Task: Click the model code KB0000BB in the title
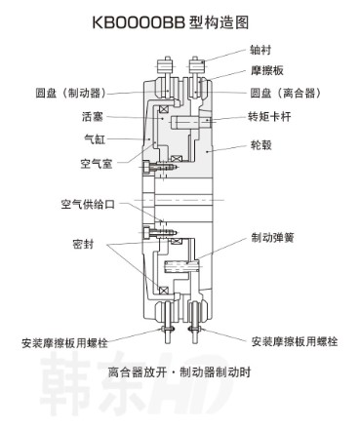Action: click(x=140, y=20)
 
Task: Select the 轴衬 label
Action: click(x=260, y=46)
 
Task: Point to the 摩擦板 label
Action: click(x=266, y=70)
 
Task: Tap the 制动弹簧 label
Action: click(x=270, y=237)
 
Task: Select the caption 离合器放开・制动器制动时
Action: click(x=180, y=371)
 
